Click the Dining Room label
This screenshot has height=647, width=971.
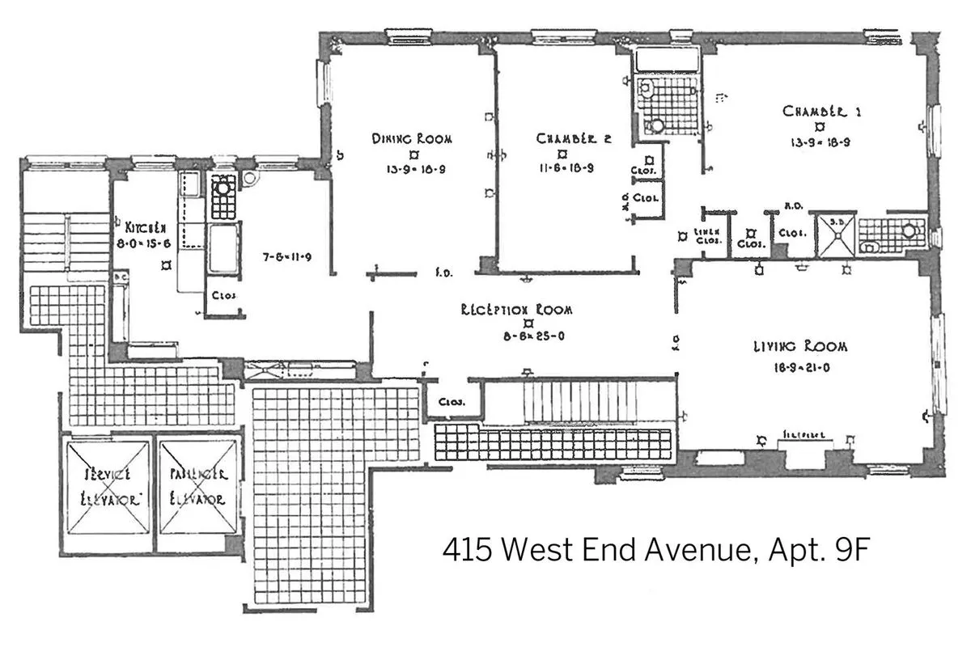(x=412, y=138)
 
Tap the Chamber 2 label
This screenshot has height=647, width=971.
(x=573, y=138)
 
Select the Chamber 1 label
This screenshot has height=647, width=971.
(x=820, y=111)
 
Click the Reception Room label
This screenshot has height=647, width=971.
(x=516, y=310)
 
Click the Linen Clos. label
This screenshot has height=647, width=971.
(x=708, y=235)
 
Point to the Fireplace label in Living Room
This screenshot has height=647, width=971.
(x=803, y=435)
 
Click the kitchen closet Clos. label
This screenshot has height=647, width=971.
(x=223, y=295)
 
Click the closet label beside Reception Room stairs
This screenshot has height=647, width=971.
(x=450, y=401)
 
